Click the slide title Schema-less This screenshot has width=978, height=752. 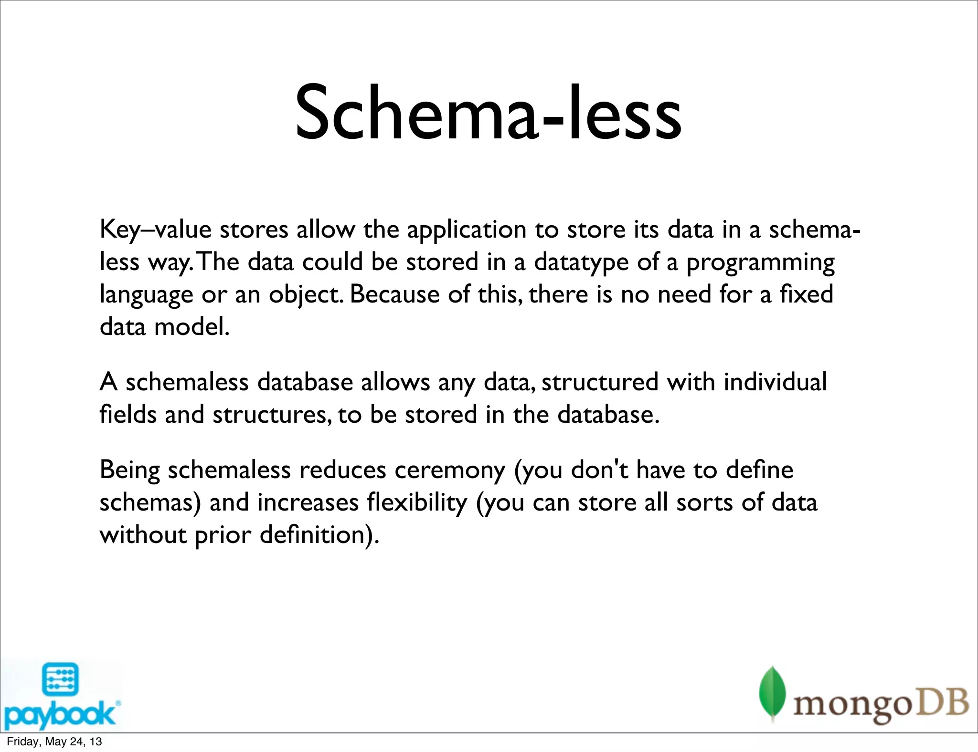point(488,114)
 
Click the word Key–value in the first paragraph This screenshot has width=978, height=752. point(155,230)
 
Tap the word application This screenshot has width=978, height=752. point(467,230)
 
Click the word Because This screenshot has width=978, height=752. point(394,294)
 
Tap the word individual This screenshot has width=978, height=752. point(775,382)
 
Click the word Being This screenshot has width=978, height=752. point(129,470)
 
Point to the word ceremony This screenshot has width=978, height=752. point(449,470)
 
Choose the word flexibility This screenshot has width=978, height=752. point(417,503)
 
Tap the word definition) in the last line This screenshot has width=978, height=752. point(319,535)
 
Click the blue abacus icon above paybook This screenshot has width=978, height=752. point(60,679)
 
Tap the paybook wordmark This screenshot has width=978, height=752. point(60,714)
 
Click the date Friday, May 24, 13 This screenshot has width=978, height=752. point(54,742)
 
